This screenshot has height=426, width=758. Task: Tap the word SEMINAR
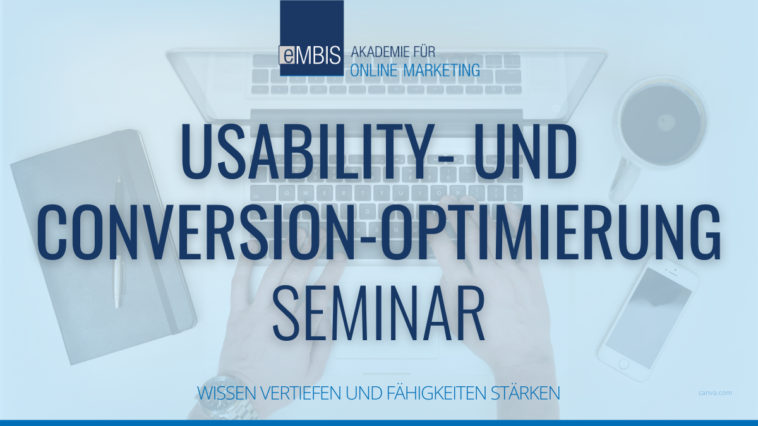pyautogui.click(x=379, y=312)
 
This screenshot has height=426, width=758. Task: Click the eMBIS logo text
pyautogui.click(x=311, y=54)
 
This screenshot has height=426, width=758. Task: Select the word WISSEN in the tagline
pyautogui.click(x=222, y=393)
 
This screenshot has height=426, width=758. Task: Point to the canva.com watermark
pyautogui.click(x=716, y=393)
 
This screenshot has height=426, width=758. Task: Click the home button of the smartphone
pyautogui.click(x=623, y=364)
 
